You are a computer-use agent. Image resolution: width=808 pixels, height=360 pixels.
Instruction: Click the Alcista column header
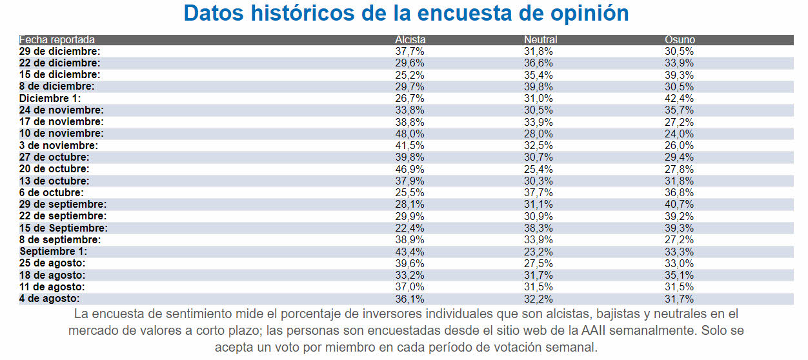pos(410,40)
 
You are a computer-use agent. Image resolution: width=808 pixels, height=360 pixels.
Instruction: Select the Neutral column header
pos(540,40)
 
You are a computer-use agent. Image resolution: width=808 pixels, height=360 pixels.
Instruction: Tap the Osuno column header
pos(680,40)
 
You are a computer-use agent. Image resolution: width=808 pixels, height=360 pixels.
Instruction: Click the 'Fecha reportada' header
pos(57,40)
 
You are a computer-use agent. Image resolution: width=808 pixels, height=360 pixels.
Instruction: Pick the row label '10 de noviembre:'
pos(61,134)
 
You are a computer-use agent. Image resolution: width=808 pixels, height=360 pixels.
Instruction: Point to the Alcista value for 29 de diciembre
pos(410,52)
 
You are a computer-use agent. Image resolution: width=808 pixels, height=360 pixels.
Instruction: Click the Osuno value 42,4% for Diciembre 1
pos(680,98)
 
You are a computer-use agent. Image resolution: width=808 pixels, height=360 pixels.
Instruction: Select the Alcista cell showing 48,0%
pos(410,134)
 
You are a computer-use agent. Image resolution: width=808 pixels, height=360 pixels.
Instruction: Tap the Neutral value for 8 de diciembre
pos(540,86)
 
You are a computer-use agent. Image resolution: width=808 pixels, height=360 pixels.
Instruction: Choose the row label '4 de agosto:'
pos(50,299)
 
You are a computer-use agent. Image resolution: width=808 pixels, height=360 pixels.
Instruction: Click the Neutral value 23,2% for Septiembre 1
pos(540,252)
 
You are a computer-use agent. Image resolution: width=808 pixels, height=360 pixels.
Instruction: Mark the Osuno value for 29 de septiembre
pos(680,205)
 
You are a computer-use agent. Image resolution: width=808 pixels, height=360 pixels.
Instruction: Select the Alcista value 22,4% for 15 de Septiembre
pos(410,228)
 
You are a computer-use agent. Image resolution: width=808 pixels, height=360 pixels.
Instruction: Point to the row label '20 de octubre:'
pos(54,169)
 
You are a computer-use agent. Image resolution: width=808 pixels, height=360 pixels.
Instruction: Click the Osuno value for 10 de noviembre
pos(680,134)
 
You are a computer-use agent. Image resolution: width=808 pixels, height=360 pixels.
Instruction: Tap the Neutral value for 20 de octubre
pos(540,169)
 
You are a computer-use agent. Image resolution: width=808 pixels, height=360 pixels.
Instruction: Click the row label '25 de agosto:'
pos(52,263)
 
